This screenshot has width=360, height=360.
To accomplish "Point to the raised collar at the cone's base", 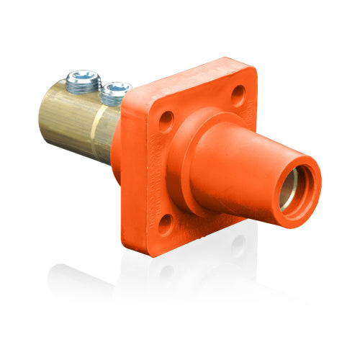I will pos(189,162).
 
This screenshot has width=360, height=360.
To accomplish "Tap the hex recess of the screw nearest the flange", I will pos(115,87).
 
